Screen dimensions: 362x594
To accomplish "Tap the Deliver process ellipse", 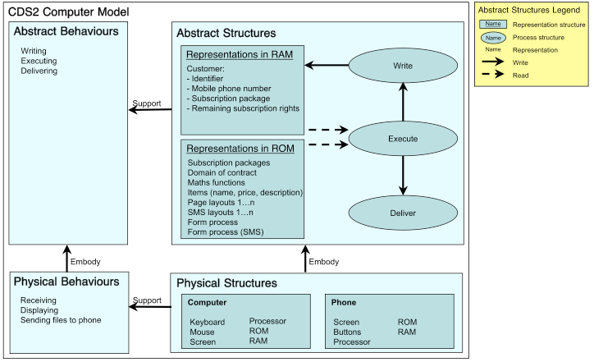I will [403, 213].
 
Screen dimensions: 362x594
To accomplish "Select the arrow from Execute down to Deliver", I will [403, 176].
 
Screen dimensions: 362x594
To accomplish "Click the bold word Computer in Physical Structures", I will [208, 303].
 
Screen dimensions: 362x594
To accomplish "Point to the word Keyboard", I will [207, 323].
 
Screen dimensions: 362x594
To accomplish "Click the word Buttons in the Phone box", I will [346, 332].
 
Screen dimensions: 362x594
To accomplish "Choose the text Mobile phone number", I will [232, 89].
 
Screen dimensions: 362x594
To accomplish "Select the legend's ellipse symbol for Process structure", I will [492, 37].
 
